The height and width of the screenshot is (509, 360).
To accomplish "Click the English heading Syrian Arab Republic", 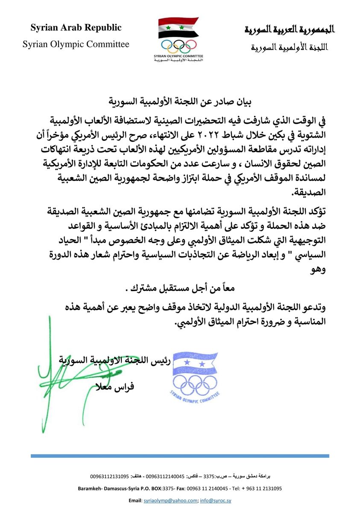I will pos(76,28).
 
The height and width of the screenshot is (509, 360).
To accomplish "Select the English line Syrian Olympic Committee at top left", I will pos(76,44).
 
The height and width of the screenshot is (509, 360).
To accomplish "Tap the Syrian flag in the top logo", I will pos(178,28).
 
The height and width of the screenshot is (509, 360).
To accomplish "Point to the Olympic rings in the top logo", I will pos(178,45).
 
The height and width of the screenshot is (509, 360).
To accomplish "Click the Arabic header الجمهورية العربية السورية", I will pos(289,29).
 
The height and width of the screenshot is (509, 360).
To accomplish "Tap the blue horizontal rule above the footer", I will pos(180,456).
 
